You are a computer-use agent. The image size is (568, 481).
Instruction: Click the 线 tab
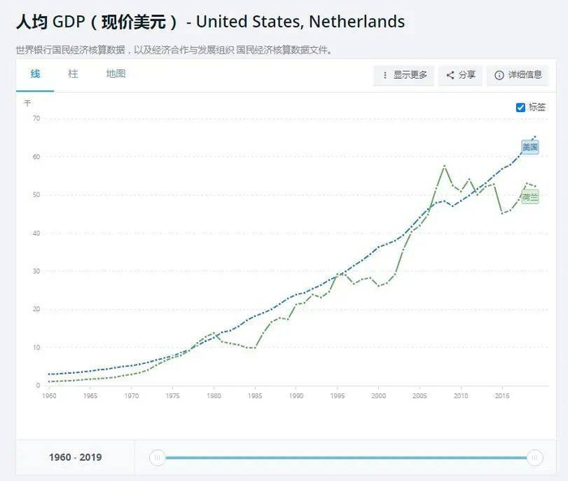pyautogui.click(x=35, y=74)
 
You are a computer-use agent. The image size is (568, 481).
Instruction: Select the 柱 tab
pyautogui.click(x=73, y=74)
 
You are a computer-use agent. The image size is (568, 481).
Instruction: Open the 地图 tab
pyautogui.click(x=116, y=74)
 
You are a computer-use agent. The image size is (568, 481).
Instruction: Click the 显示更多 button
pyautogui.click(x=404, y=76)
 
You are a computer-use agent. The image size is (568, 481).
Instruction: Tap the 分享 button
pyautogui.click(x=460, y=76)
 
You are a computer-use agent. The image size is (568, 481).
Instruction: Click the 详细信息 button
pyautogui.click(x=519, y=76)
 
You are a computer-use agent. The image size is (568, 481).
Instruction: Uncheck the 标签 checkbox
pyautogui.click(x=521, y=107)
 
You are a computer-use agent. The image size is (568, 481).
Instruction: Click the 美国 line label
pyautogui.click(x=530, y=147)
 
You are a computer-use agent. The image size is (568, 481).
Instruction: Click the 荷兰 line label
pyautogui.click(x=530, y=197)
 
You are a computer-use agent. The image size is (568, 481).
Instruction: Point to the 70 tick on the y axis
pyautogui.click(x=36, y=119)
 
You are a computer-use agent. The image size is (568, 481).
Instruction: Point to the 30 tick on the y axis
pyautogui.click(x=36, y=271)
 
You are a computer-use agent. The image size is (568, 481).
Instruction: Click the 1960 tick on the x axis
pyautogui.click(x=49, y=396)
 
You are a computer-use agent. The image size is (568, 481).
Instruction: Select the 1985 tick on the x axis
pyautogui.click(x=256, y=396)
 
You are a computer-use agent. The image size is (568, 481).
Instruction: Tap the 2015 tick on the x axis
pyautogui.click(x=502, y=396)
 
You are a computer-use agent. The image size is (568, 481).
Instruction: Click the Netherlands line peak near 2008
pyautogui.click(x=445, y=166)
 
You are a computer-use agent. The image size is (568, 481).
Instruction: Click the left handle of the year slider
pyautogui.click(x=157, y=458)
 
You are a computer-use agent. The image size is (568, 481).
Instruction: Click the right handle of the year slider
pyautogui.click(x=535, y=458)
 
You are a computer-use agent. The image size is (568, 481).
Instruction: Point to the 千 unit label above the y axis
pyautogui.click(x=28, y=103)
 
